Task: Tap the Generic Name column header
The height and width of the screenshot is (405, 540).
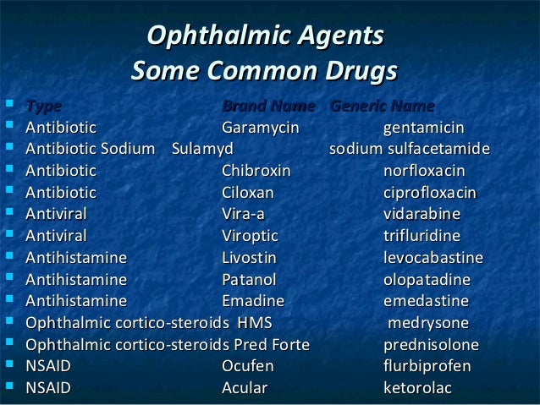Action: coord(382,107)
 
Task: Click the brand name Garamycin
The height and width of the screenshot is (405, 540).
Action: coord(260,129)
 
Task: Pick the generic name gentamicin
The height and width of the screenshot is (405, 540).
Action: coord(423,129)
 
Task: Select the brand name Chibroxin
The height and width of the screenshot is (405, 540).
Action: coord(256,172)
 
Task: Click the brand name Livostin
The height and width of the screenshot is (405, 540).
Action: coord(249,258)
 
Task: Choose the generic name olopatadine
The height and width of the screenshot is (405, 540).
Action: coord(427,280)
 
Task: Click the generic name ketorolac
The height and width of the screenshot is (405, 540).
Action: coord(416,389)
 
